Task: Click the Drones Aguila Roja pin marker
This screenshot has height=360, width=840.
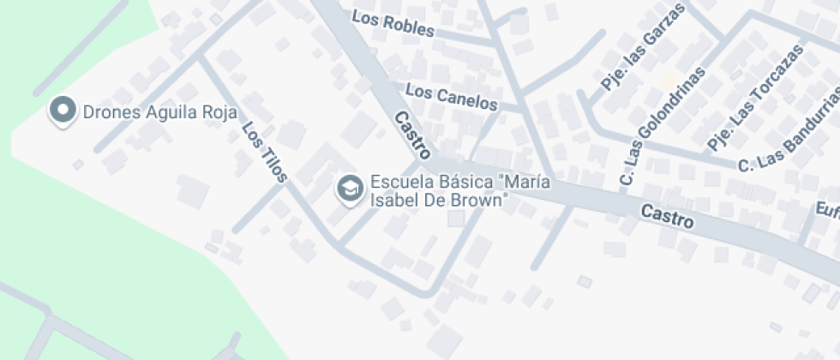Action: coord(62,111)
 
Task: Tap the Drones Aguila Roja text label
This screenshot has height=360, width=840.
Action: coord(159,111)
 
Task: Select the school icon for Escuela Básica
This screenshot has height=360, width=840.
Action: coord(349,188)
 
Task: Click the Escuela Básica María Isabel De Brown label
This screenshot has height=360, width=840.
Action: coord(459,192)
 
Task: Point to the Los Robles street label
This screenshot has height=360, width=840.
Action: coord(393,23)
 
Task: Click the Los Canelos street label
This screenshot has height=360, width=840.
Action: coord(451,96)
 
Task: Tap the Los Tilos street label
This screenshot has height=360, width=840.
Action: coord(264,152)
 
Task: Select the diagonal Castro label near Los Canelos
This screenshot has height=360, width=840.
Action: coord(412,135)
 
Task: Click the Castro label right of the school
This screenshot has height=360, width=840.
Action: coord(667,215)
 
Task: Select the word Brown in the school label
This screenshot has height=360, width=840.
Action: coord(482,201)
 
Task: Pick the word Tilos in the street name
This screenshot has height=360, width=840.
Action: coord(272,163)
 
